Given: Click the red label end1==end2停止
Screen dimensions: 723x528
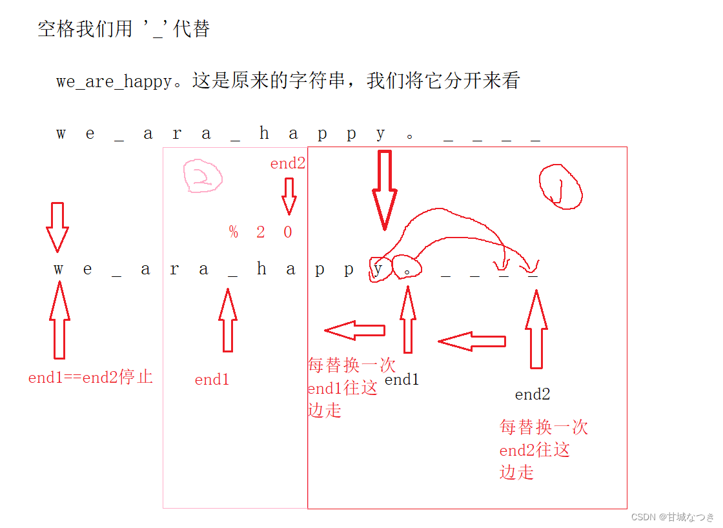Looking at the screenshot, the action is [x=90, y=378].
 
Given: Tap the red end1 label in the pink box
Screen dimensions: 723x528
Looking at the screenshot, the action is [x=212, y=380].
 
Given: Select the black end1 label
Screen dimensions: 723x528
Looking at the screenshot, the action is [x=402, y=380].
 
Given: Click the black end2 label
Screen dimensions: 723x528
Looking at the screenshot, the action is [x=533, y=394].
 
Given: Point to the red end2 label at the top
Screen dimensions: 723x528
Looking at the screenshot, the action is [x=287, y=164].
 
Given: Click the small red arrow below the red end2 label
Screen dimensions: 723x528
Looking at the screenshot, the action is [x=289, y=196].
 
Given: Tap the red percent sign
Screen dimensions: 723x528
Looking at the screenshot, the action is [x=233, y=232].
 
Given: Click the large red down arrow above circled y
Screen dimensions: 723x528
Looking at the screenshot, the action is [x=384, y=189].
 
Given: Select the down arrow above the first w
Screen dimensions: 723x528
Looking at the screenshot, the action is [x=57, y=227].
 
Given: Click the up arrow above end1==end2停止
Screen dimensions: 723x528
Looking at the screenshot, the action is [x=59, y=320].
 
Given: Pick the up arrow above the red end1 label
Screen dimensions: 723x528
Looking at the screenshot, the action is [x=227, y=320].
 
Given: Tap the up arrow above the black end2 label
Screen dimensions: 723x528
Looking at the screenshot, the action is [x=536, y=329].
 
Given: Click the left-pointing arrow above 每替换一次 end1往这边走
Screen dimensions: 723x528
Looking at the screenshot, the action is [x=355, y=330].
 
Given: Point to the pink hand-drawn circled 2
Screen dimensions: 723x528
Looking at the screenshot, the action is [x=202, y=176].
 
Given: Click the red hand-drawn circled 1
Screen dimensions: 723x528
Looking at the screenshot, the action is [x=560, y=187].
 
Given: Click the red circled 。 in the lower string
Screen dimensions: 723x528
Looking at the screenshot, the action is [x=407, y=267].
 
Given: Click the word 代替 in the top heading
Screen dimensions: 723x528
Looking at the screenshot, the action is [x=192, y=29].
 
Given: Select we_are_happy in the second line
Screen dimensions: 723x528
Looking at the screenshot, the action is [x=114, y=82].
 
